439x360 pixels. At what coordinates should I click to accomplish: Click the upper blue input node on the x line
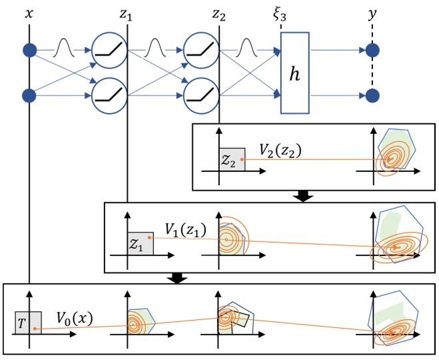coord(29,49)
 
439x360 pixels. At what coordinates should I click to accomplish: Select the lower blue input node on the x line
coord(29,96)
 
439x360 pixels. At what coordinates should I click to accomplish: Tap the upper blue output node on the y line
coord(373,49)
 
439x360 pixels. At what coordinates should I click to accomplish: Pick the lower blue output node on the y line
coord(373,96)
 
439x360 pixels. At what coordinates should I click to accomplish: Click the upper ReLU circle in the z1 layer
coord(106,49)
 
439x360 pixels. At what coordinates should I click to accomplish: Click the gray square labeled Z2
coord(231,158)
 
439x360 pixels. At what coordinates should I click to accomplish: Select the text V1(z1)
coord(186,231)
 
